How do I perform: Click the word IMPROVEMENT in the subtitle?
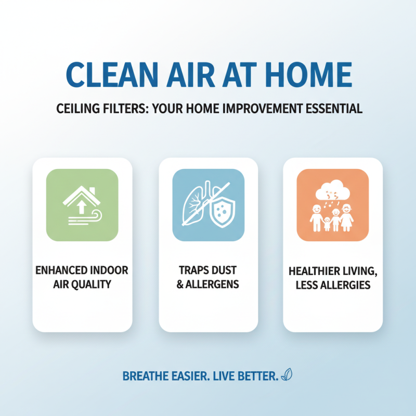(x=248, y=109)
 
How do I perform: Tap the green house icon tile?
(x=82, y=205)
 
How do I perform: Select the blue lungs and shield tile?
(x=208, y=205)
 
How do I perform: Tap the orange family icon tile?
(x=332, y=205)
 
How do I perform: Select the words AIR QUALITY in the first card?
(x=82, y=284)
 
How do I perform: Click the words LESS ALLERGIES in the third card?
(x=333, y=284)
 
